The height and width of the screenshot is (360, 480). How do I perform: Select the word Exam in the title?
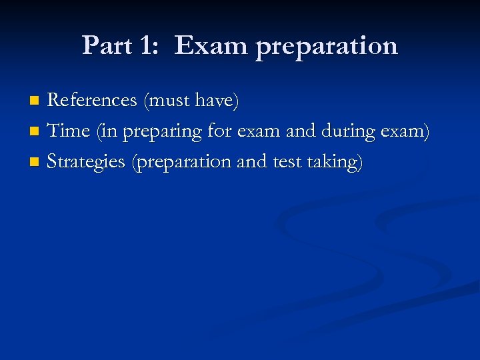pyautogui.click(x=211, y=45)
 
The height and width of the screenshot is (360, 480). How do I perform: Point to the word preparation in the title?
pyautogui.click(x=327, y=47)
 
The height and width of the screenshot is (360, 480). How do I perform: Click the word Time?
pyautogui.click(x=70, y=131)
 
